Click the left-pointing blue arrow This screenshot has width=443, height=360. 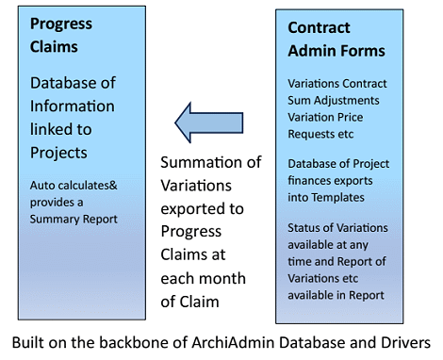[x=208, y=121]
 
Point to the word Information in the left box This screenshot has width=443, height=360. [x=72, y=106]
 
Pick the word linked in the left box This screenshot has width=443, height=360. [x=50, y=128]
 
